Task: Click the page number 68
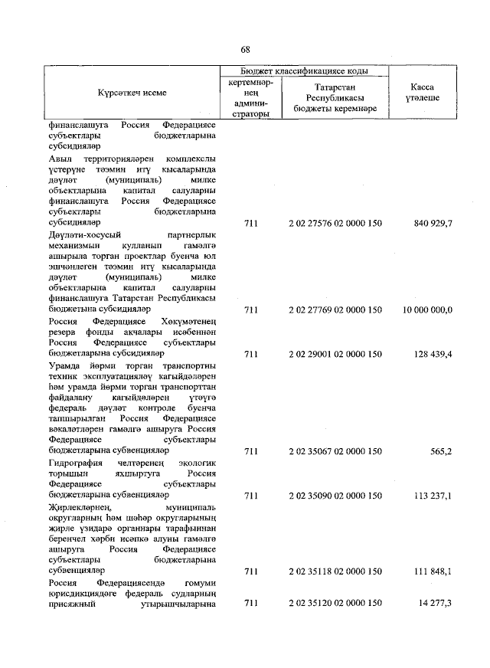246,50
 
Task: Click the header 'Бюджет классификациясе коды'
304,70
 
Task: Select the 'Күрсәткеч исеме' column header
132,93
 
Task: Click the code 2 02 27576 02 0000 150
335,223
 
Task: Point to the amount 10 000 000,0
427,310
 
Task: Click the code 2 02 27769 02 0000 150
335,310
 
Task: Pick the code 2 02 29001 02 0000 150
335,355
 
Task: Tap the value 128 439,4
433,355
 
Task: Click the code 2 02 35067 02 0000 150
335,452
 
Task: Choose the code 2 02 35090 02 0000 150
335,496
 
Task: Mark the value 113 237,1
433,496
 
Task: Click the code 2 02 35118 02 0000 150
335,571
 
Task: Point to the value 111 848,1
433,571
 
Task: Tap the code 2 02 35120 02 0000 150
335,604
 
